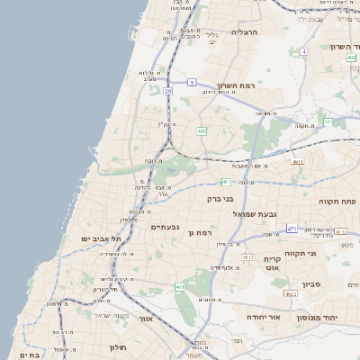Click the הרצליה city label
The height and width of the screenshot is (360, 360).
[x=245, y=31]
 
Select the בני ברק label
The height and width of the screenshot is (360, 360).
[x=220, y=198]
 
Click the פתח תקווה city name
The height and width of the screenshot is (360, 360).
[x=337, y=201]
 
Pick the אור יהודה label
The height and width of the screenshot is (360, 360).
[x=263, y=318]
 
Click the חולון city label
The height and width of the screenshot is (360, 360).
[x=119, y=346]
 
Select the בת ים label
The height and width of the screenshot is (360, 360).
[x=30, y=355]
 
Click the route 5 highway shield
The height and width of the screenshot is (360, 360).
[x=192, y=83]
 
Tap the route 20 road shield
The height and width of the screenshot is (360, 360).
[x=167, y=91]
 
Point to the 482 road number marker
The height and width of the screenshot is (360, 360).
[x=202, y=131]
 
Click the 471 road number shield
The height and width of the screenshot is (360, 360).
[x=292, y=229]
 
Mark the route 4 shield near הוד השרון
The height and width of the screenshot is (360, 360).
[x=304, y=51]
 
